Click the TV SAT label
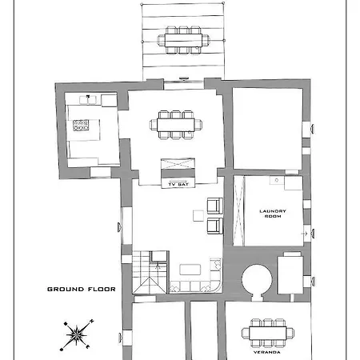(179, 185)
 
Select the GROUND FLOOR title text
(82, 289)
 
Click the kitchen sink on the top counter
(87, 99)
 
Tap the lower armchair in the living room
(214, 226)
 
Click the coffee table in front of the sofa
(190, 270)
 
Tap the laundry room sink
(278, 182)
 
